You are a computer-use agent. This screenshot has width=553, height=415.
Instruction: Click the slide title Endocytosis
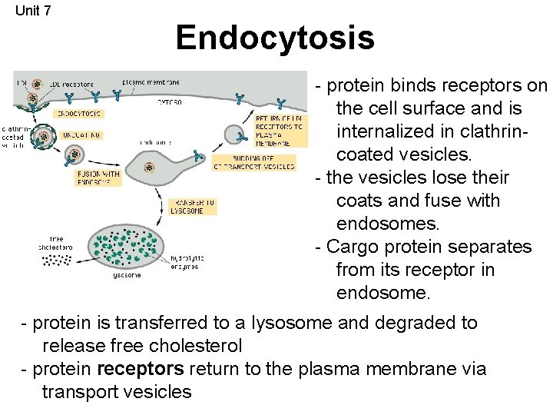pos(274,37)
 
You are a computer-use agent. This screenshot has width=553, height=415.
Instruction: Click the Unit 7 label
pos(33,10)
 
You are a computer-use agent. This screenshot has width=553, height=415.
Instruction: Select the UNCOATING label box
pos(77,134)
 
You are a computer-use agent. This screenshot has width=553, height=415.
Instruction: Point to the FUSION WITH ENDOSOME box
pos(97,178)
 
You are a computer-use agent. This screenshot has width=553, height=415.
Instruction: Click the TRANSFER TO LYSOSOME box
pos(192,207)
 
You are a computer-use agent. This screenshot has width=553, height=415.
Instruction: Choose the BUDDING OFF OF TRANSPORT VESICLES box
pos(253,162)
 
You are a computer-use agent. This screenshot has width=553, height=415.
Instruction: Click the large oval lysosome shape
pos(125,245)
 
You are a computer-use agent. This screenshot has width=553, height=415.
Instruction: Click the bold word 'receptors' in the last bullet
pos(141,369)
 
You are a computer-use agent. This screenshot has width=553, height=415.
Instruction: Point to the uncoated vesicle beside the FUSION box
pos(73,157)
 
